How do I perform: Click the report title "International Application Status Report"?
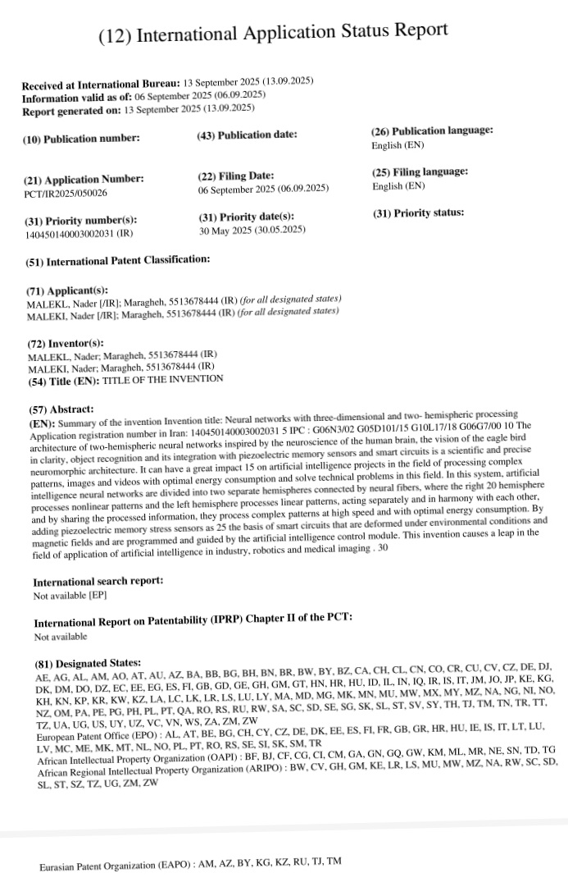click(273, 33)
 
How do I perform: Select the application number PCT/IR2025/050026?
click(66, 194)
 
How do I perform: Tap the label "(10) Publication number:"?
click(81, 139)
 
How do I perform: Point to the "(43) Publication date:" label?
click(247, 135)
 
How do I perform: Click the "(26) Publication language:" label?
click(432, 130)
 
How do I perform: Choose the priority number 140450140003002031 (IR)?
click(80, 234)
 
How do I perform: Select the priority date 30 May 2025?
click(252, 230)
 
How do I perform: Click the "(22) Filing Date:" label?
click(235, 176)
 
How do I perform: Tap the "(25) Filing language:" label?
click(420, 171)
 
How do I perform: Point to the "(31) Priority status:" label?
click(418, 213)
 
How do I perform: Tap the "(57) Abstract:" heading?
click(61, 409)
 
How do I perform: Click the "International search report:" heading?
click(98, 581)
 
